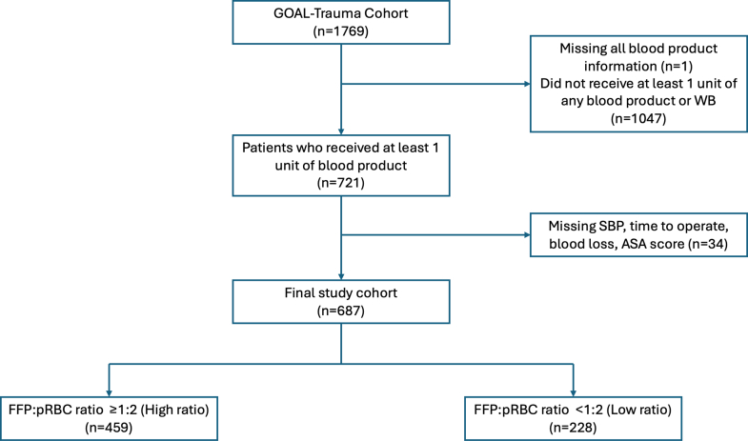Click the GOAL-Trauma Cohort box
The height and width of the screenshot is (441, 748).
coord(341,23)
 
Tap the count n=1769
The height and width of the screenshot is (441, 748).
coord(340,31)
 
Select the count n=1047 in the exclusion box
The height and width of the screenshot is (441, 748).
coord(638,118)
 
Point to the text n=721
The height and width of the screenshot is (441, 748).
coord(340,183)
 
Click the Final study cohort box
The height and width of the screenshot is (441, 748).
coord(341,302)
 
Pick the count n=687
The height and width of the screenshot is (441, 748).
coord(340,311)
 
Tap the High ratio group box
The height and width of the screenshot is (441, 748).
coord(109,418)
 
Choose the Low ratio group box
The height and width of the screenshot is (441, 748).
coord(573,418)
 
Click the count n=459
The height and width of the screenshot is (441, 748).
coord(109,428)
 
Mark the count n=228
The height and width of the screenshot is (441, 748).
coord(573,428)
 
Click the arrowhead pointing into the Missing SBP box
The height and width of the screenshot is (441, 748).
coord(527,235)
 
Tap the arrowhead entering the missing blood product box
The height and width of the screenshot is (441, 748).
coord(527,84)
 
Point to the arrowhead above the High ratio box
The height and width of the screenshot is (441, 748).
coord(109,393)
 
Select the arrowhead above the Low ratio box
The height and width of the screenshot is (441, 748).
coord(573,393)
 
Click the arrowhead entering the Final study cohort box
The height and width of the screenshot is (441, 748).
coord(341,276)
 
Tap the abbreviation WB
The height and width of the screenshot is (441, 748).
coord(705,101)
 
